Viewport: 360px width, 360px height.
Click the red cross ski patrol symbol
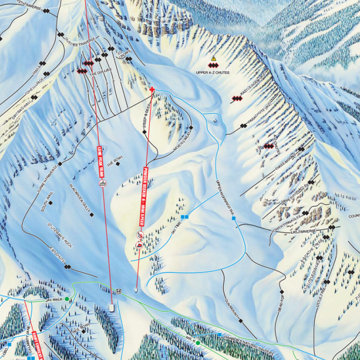152,90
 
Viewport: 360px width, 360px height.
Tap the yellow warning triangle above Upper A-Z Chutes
213,59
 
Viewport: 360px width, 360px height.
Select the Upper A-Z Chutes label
213,73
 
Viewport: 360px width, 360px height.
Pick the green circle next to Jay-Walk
67,299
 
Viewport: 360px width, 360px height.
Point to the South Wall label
43,200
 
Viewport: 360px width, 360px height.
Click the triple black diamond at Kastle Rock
236,99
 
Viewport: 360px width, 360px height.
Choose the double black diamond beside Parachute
244,126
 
